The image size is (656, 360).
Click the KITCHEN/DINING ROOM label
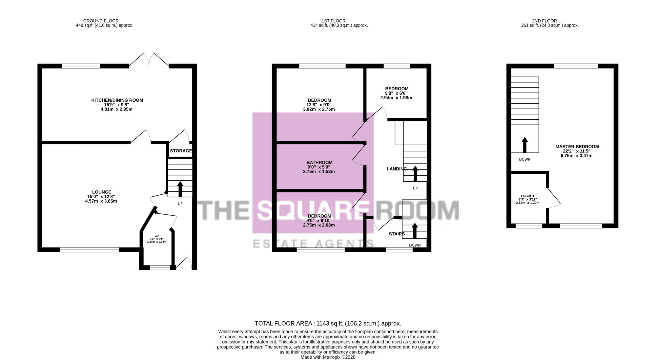(x=117, y=100)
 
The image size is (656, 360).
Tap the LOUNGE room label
(x=102, y=192)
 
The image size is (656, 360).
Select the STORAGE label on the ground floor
(x=181, y=151)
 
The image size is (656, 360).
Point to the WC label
(x=157, y=236)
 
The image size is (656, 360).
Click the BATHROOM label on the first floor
(x=319, y=162)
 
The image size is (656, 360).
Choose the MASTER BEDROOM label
(x=577, y=147)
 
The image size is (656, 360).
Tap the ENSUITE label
(x=528, y=196)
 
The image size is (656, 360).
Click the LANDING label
(x=397, y=169)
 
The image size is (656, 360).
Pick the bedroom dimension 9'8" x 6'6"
(x=396, y=93)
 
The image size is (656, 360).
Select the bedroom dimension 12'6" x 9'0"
(x=319, y=105)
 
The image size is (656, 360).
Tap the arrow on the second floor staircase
(x=525, y=145)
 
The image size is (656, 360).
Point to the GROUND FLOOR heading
(x=101, y=21)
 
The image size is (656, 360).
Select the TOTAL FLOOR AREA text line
(x=328, y=324)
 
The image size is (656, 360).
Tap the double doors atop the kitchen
(x=149, y=60)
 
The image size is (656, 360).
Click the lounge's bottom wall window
(x=90, y=250)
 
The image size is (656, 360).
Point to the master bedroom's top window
(x=576, y=66)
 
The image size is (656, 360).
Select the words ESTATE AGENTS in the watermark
(x=313, y=244)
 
